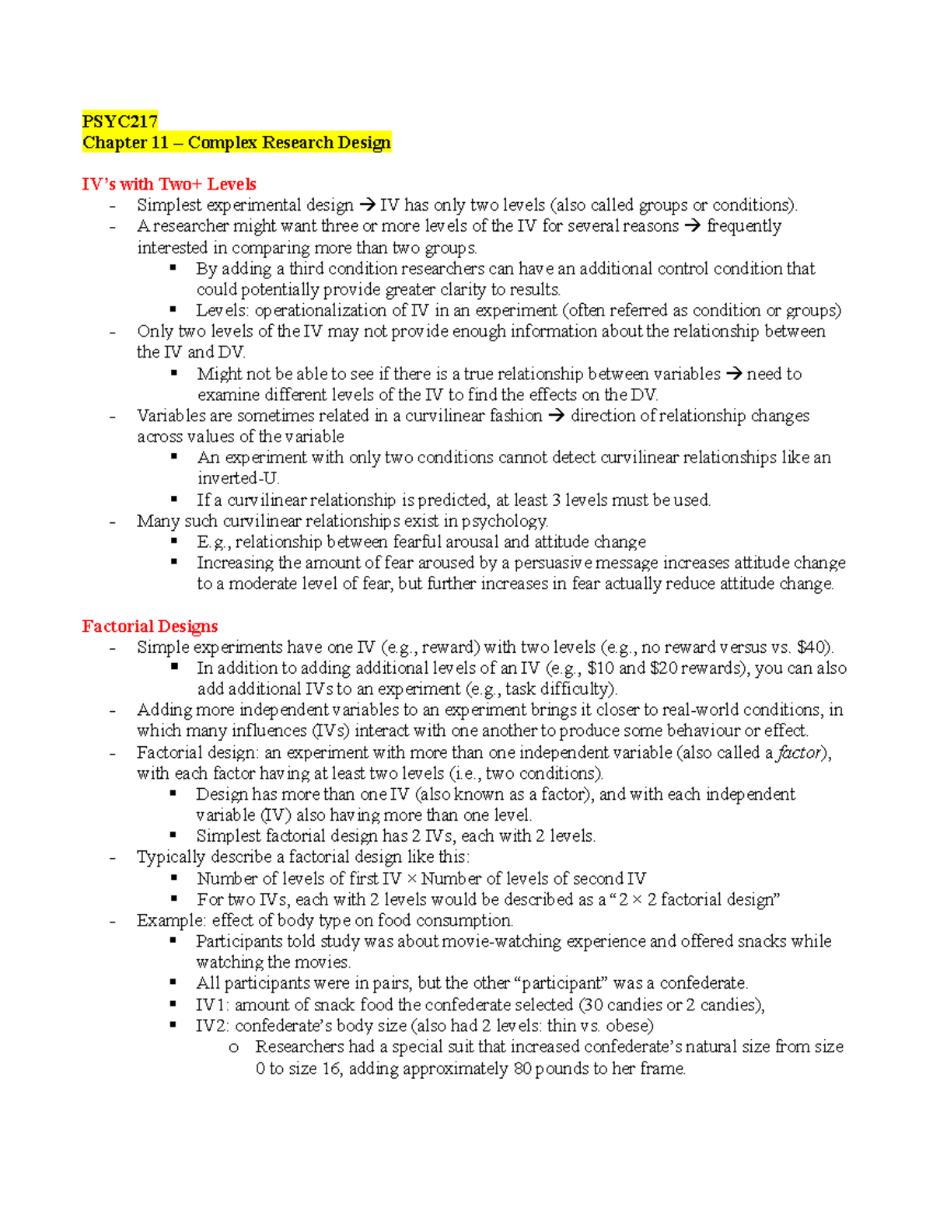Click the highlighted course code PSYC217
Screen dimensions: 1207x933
[x=120, y=121]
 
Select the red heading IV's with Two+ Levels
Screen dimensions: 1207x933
[x=169, y=184]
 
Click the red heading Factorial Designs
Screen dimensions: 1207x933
[x=149, y=626]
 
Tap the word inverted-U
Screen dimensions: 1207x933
[x=237, y=479]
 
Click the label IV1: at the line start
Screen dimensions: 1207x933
[x=212, y=1005]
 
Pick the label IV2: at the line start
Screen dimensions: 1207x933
[x=212, y=1026]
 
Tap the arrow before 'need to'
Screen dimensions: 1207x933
[x=733, y=374]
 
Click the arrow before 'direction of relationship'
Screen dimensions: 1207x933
[x=556, y=416]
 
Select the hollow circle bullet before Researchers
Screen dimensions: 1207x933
[x=234, y=1048]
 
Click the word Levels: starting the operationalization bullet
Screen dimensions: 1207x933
[x=222, y=310]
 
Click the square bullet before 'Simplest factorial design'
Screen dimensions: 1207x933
[x=174, y=835]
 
